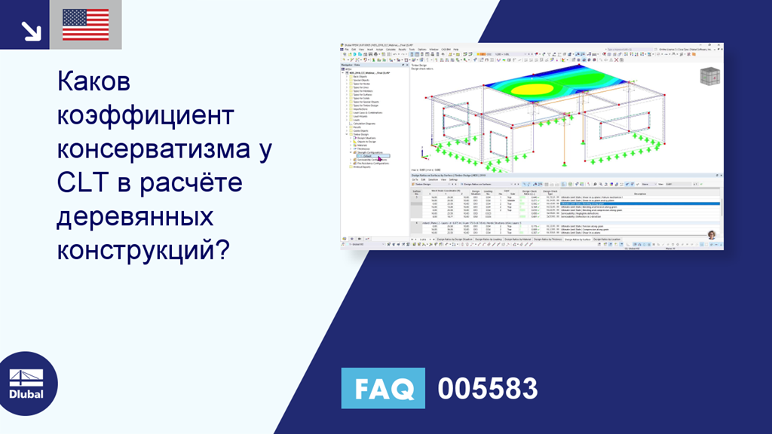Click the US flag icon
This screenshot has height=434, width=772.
coord(85,25)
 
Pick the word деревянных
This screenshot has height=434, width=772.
coord(136,217)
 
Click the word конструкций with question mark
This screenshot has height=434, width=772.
coord(143,252)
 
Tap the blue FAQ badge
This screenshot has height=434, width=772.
coord(383,389)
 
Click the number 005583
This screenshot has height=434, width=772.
coord(488,389)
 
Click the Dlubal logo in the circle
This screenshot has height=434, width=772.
coord(29,385)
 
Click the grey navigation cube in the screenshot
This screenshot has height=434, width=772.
coord(709,78)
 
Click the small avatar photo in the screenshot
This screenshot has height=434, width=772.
coord(711,234)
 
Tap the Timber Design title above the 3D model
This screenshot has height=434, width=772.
coord(419,66)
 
